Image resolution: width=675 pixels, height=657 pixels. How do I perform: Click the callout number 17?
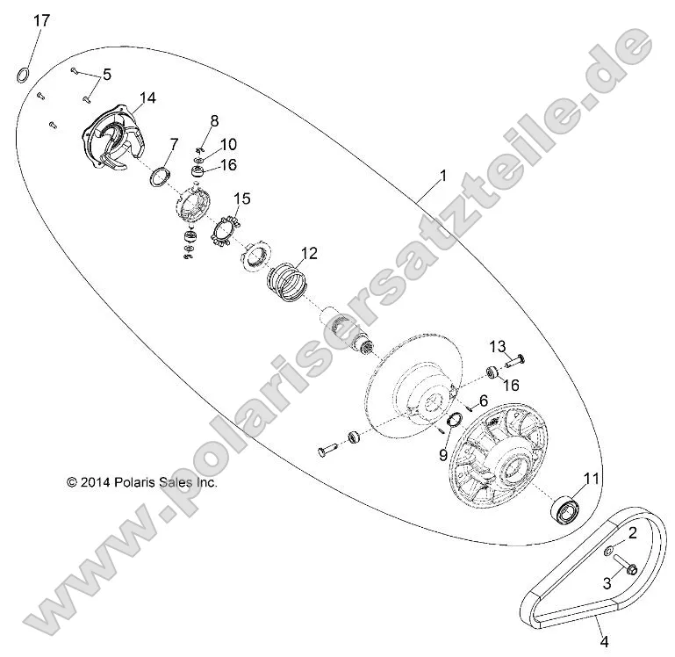(41, 20)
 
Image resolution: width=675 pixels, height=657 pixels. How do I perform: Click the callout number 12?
(307, 255)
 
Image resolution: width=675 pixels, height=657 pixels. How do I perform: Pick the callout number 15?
(241, 199)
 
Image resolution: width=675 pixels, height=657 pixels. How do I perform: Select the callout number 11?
(592, 478)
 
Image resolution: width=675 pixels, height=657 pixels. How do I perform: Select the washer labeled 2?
(607, 551)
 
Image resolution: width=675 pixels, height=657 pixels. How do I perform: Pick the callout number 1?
(442, 176)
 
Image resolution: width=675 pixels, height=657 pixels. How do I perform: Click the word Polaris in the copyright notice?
(133, 482)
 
